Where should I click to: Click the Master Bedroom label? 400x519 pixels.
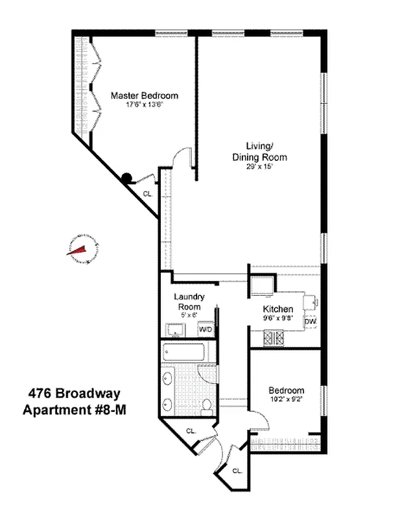click(x=144, y=95)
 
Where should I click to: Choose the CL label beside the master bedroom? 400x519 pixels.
click(x=147, y=193)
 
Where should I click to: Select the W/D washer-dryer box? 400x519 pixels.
click(x=205, y=329)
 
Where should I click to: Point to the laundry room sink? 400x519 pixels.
click(x=174, y=330)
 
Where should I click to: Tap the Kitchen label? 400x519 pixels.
click(x=278, y=309)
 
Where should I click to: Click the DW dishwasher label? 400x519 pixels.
click(x=310, y=322)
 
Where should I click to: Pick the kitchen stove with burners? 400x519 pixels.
click(x=272, y=337)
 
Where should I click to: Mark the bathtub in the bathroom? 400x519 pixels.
click(x=184, y=354)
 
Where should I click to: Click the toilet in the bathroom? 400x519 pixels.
click(x=207, y=406)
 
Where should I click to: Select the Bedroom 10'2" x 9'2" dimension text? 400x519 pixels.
click(x=286, y=400)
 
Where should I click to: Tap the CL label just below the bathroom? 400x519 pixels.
click(x=191, y=431)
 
